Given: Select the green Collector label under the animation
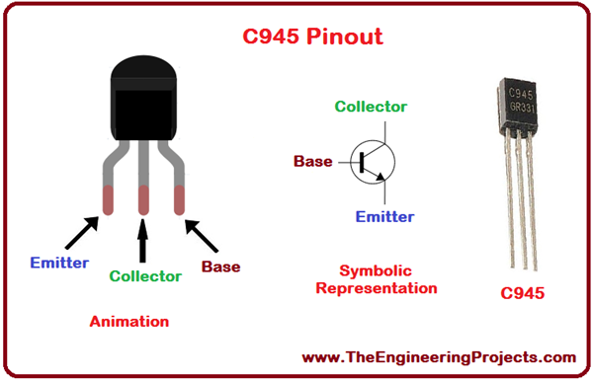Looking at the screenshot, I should [x=144, y=276].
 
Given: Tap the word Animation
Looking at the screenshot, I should [x=128, y=321].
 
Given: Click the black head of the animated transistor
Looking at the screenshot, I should [x=143, y=99].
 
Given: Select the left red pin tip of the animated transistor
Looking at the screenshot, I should [x=105, y=199].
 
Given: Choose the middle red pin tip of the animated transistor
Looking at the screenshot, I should [x=143, y=200].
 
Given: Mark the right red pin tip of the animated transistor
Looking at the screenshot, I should [x=180, y=200].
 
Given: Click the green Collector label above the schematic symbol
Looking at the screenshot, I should [x=371, y=107].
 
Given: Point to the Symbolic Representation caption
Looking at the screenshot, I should [x=387, y=279].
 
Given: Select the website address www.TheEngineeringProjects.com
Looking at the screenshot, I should [x=438, y=357].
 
